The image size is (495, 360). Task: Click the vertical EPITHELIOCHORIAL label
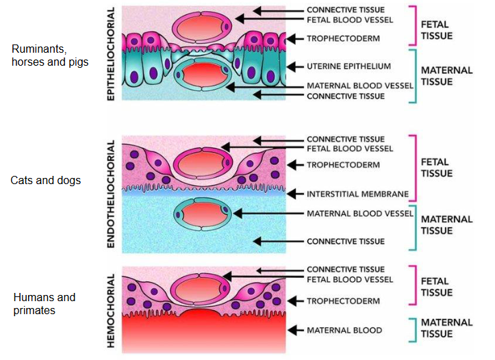click(112, 53)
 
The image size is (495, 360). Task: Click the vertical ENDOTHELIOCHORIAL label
click(112, 194)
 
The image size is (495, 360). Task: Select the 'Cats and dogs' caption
click(46, 181)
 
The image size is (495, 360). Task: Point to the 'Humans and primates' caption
click(45, 304)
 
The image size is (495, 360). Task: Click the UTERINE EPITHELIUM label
click(348, 66)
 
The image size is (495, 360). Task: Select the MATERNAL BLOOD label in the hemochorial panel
click(344, 331)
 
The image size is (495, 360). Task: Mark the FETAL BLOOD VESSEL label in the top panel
click(350, 20)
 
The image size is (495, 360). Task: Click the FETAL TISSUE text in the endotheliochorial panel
click(436, 168)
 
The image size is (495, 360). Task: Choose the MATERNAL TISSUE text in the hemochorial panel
click(446, 328)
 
